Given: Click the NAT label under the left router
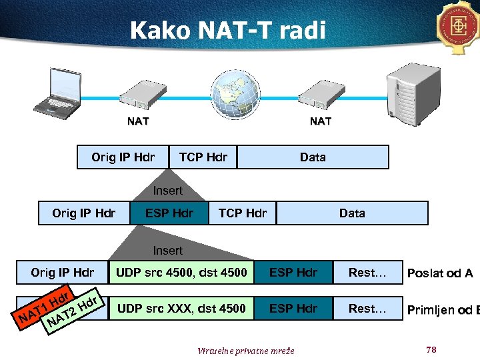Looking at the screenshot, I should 138,121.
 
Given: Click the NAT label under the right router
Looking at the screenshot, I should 321,121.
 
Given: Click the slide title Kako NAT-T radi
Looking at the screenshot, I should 228,30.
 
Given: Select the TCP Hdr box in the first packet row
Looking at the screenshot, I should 203,157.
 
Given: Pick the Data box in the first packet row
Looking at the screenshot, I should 313,157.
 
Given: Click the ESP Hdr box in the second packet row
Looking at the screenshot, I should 169,213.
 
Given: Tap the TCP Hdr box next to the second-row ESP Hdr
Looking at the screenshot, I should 243,213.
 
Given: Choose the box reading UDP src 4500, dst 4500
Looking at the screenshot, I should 181,272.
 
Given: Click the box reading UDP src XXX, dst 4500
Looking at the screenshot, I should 181,308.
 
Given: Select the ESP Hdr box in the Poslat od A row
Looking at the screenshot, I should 293,272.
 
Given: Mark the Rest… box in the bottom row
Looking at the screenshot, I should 369,308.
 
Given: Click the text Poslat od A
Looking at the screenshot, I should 440,273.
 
